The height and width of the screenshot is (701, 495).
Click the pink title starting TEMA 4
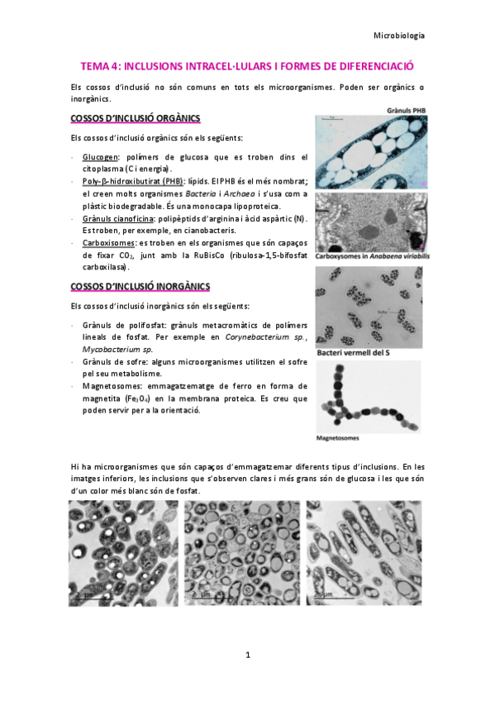pos(246,65)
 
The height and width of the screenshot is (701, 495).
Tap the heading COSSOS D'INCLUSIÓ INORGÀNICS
pos(141,286)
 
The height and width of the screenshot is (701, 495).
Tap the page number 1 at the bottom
pos(247,655)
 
